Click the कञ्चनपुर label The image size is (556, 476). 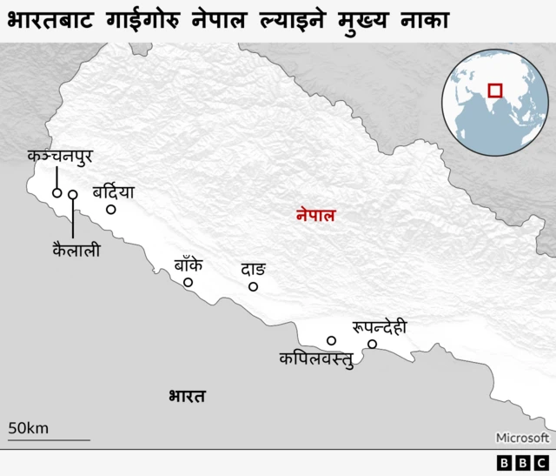pyautogui.click(x=59, y=158)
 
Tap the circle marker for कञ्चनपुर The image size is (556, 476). pyautogui.click(x=57, y=193)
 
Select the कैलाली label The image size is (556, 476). pyautogui.click(x=76, y=250)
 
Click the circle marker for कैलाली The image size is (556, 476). pyautogui.click(x=73, y=195)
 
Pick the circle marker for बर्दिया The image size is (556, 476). pyautogui.click(x=111, y=209)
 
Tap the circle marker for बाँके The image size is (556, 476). pyautogui.click(x=188, y=282)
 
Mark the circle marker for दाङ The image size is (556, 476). pyautogui.click(x=254, y=286)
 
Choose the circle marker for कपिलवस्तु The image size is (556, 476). pyautogui.click(x=331, y=340)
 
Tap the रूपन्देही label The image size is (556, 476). pyautogui.click(x=379, y=327)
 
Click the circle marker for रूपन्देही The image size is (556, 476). pyautogui.click(x=372, y=345)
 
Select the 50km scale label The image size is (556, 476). pyautogui.click(x=28, y=427)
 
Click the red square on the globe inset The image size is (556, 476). pyautogui.click(x=495, y=90)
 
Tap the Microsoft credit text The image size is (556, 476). pyautogui.click(x=522, y=438)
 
